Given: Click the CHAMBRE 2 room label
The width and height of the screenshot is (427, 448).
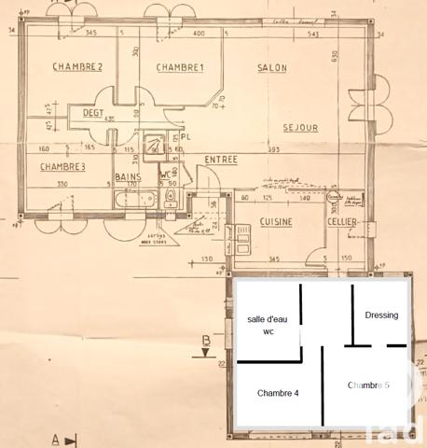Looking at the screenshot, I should (x=77, y=66).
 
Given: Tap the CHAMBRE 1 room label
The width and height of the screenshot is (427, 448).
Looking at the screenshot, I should (x=180, y=67).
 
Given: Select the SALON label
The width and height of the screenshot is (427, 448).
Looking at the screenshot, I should (x=271, y=67).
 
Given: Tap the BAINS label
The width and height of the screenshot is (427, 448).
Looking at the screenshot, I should (x=128, y=175).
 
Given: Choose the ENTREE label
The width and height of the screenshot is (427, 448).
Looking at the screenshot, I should (x=221, y=160).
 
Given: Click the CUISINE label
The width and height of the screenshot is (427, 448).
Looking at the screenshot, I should (x=277, y=221).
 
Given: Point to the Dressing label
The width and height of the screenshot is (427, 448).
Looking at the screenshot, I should (x=381, y=315).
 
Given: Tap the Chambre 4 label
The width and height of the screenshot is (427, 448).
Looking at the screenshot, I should (x=278, y=393).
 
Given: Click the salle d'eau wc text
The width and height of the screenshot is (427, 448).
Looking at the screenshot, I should (x=268, y=325).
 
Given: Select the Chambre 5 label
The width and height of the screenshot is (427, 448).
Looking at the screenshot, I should (x=368, y=385).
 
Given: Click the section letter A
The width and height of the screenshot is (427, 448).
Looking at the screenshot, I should (x=55, y=438).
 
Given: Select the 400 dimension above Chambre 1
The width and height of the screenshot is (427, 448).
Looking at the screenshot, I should (x=199, y=35).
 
